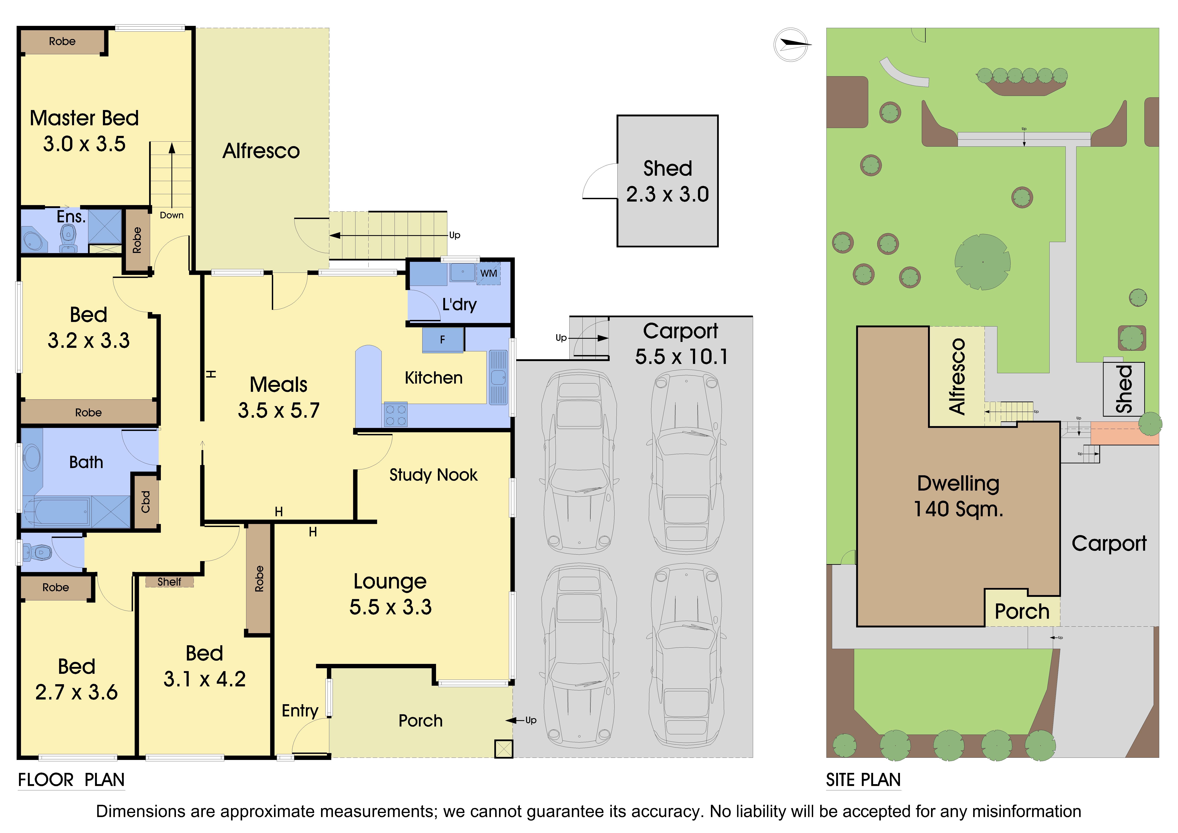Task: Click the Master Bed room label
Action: tap(84, 118)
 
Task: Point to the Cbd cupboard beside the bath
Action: tap(146, 501)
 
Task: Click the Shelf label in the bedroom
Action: tap(169, 582)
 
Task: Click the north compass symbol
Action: tap(792, 45)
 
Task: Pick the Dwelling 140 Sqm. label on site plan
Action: tap(958, 496)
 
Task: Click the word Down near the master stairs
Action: tap(171, 215)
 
